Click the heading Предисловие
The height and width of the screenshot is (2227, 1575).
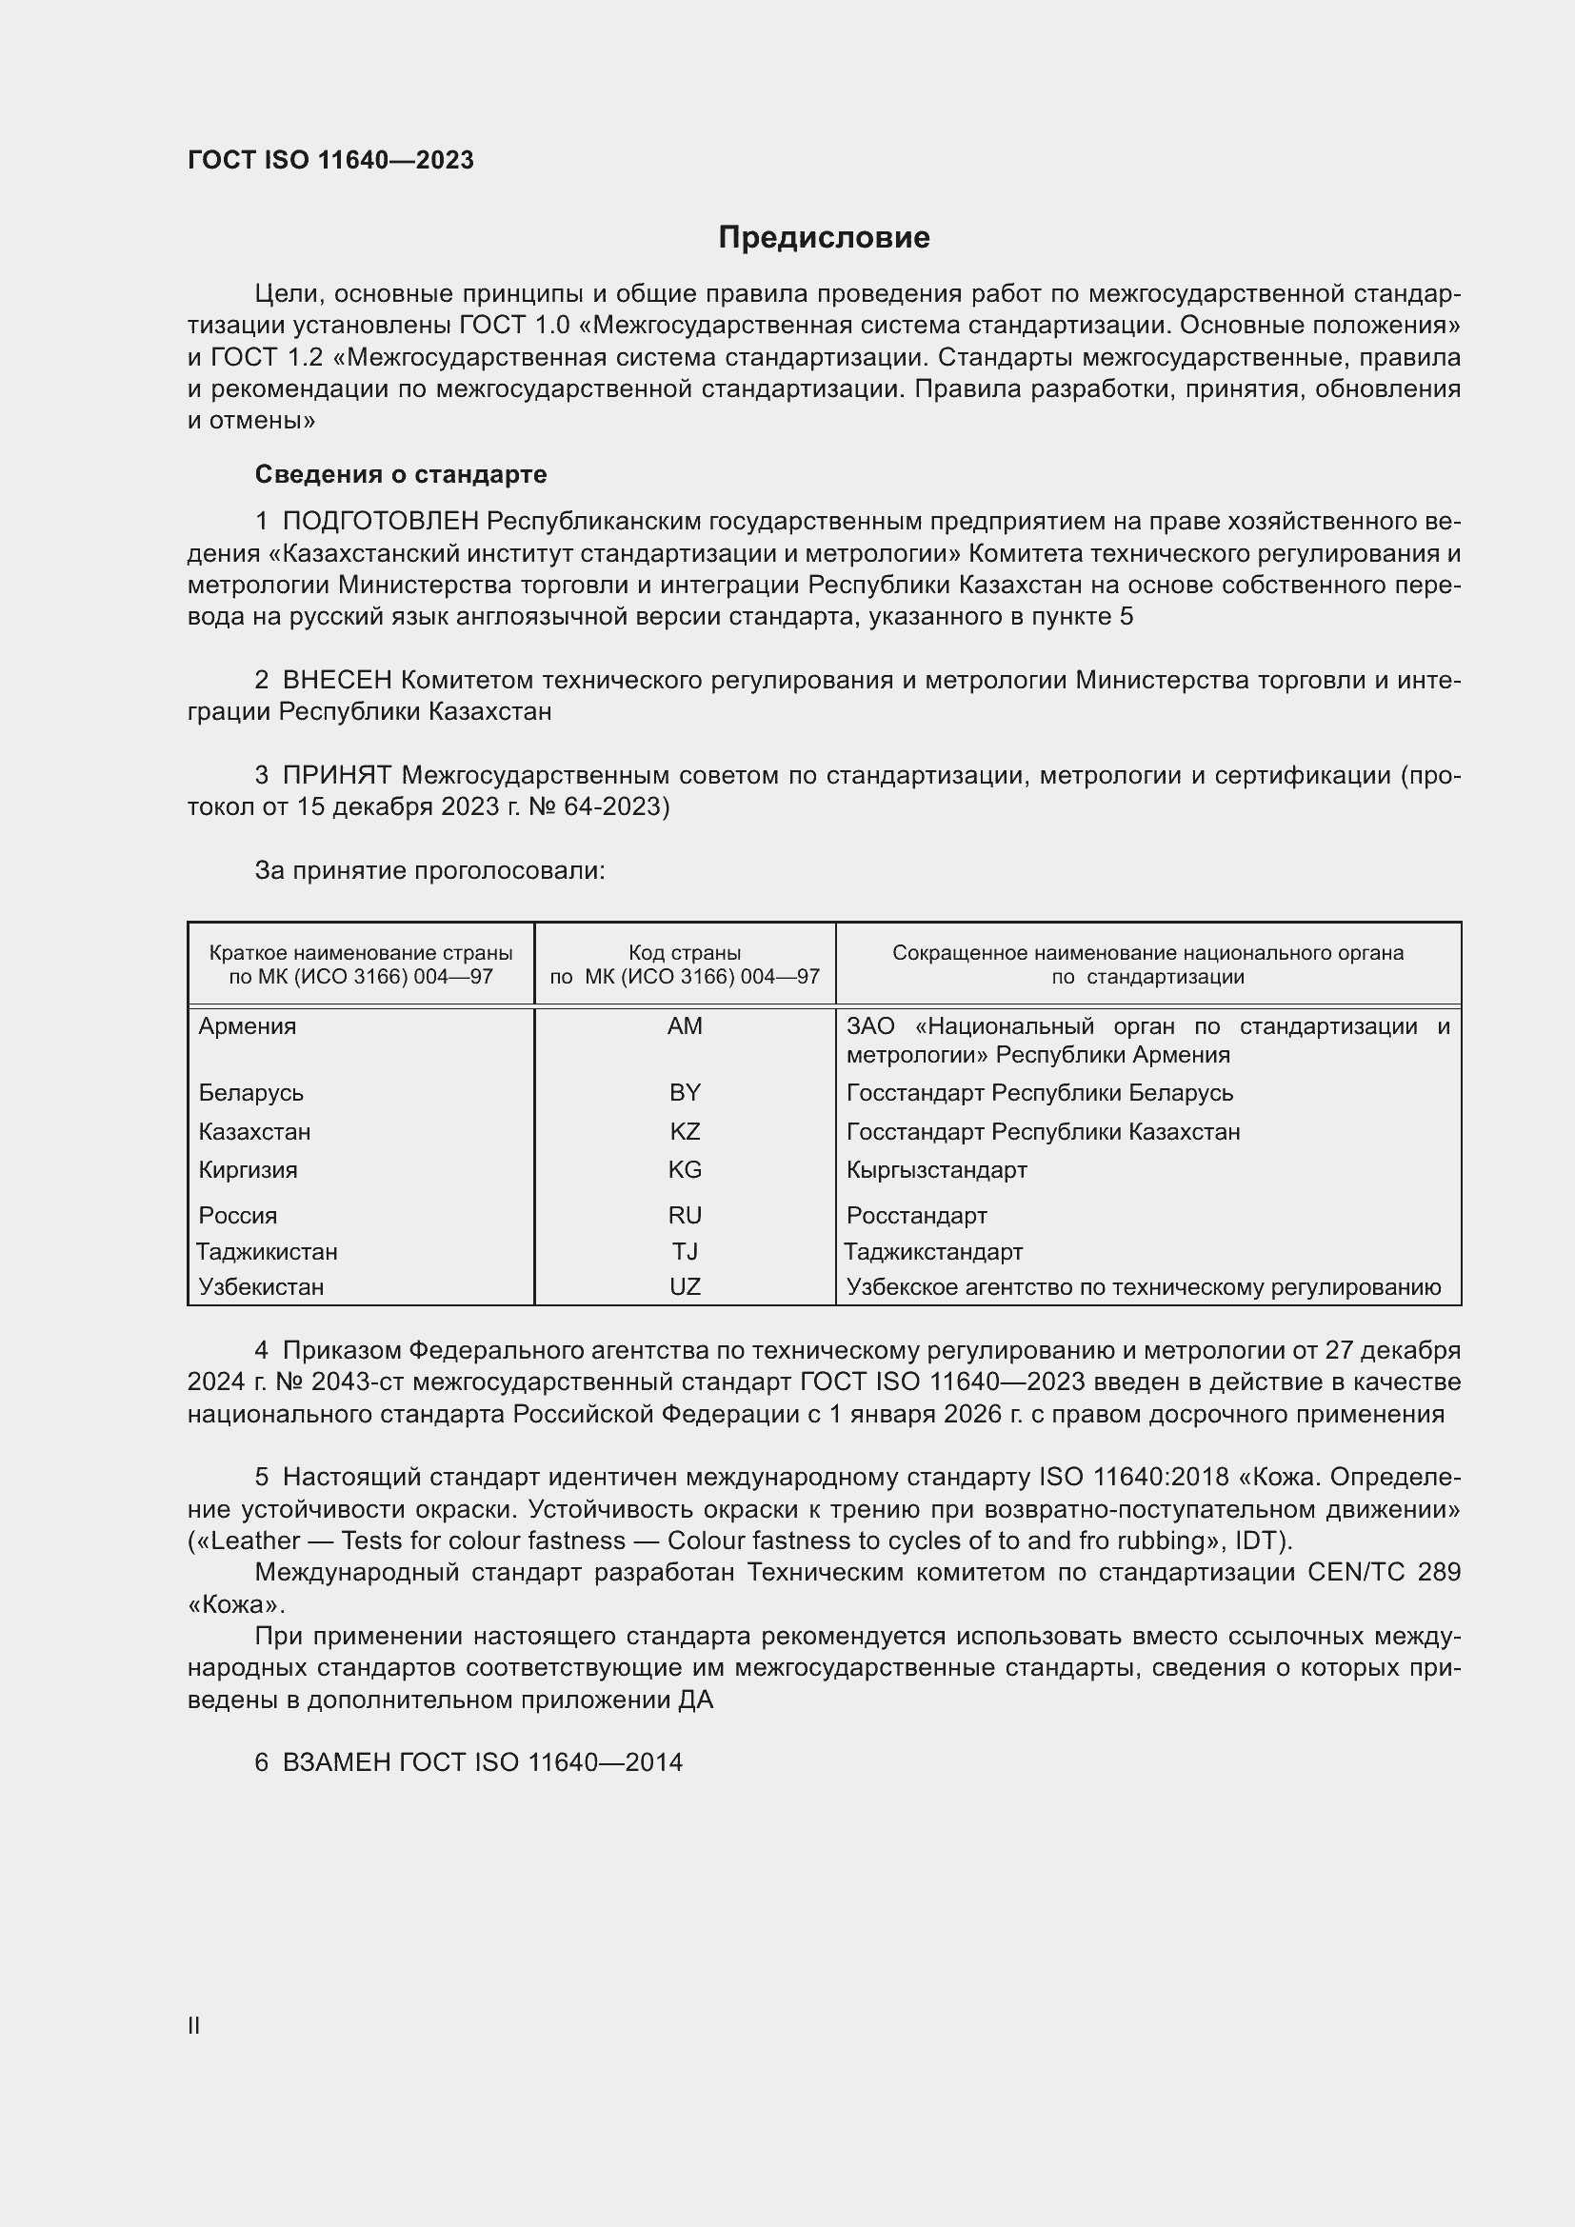click(x=824, y=238)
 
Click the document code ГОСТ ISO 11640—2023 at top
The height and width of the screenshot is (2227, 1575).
click(x=330, y=160)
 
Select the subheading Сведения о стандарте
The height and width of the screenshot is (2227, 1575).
click(x=401, y=474)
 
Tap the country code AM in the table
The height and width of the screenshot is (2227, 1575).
click(x=685, y=1026)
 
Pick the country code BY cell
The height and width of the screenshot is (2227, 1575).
click(x=685, y=1093)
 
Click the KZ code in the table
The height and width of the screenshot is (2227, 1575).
click(x=685, y=1132)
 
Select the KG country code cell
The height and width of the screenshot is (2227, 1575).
click(x=685, y=1170)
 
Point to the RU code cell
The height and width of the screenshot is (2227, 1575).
click(x=685, y=1215)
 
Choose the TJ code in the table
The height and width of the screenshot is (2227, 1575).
click(x=685, y=1251)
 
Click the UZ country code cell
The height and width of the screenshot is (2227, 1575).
click(x=685, y=1287)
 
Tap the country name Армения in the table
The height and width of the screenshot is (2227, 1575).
click(x=248, y=1026)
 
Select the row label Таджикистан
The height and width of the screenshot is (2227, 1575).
click(x=268, y=1251)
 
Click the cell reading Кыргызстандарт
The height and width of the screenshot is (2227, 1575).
click(x=937, y=1170)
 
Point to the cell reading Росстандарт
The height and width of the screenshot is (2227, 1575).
click(x=916, y=1215)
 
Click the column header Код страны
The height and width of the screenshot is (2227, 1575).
click(x=685, y=953)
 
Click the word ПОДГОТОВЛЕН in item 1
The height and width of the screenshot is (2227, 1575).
click(x=381, y=522)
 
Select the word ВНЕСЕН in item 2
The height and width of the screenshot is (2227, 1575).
click(x=337, y=680)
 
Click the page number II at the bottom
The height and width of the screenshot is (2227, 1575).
click(x=194, y=2026)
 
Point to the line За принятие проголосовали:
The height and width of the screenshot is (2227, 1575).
click(x=429, y=871)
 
